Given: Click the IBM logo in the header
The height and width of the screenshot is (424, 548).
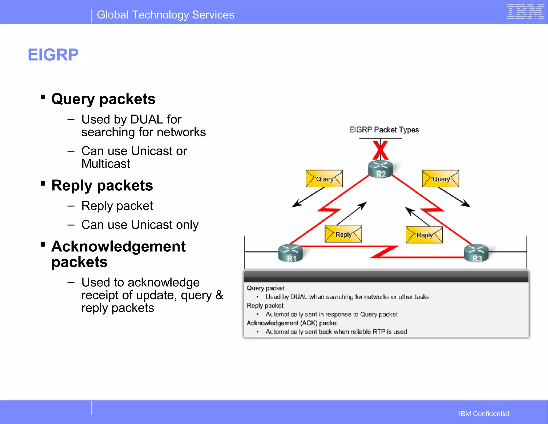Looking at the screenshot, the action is click(525, 12).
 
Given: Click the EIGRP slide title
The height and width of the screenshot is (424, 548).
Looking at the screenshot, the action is click(53, 55).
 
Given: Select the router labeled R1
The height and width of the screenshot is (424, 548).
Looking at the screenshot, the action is click(291, 253).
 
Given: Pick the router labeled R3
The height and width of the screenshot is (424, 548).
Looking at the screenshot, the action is click(476, 253).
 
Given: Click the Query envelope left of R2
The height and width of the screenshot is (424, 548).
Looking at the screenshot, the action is click(324, 179).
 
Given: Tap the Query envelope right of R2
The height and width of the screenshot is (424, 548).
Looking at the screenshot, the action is click(440, 179).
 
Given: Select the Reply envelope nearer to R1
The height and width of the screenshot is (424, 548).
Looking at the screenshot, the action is click(343, 234).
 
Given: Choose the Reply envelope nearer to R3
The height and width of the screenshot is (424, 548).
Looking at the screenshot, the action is click(424, 235).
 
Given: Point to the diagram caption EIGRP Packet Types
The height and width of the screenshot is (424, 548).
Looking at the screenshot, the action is click(384, 130).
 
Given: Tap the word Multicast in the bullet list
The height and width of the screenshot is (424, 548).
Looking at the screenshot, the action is click(106, 164).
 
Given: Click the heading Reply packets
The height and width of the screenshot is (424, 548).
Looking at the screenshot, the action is click(102, 185).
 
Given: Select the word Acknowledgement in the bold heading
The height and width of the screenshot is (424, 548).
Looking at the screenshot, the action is click(118, 246).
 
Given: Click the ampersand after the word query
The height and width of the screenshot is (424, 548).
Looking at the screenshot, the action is click(219, 295).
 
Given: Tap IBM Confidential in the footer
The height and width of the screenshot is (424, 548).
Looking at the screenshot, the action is click(484, 414).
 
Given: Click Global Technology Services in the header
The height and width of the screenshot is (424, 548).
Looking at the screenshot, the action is click(165, 15).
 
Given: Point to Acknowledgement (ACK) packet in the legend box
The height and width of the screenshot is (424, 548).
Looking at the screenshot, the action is click(292, 323).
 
